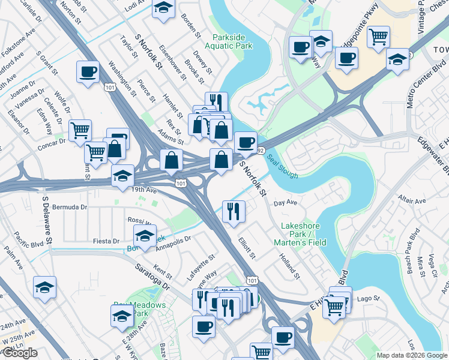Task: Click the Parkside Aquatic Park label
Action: click(x=228, y=41)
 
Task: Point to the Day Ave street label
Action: click(x=286, y=203)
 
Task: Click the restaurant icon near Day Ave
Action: click(x=233, y=211)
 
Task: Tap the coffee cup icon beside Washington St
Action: click(x=88, y=72)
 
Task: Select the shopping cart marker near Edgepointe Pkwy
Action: click(x=378, y=37)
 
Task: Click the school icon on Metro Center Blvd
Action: click(x=397, y=59)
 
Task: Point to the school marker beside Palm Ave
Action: click(x=44, y=287)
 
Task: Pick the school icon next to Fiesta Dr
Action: click(x=145, y=236)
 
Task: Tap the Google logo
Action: click(x=20, y=353)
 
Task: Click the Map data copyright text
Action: click(x=412, y=355)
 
